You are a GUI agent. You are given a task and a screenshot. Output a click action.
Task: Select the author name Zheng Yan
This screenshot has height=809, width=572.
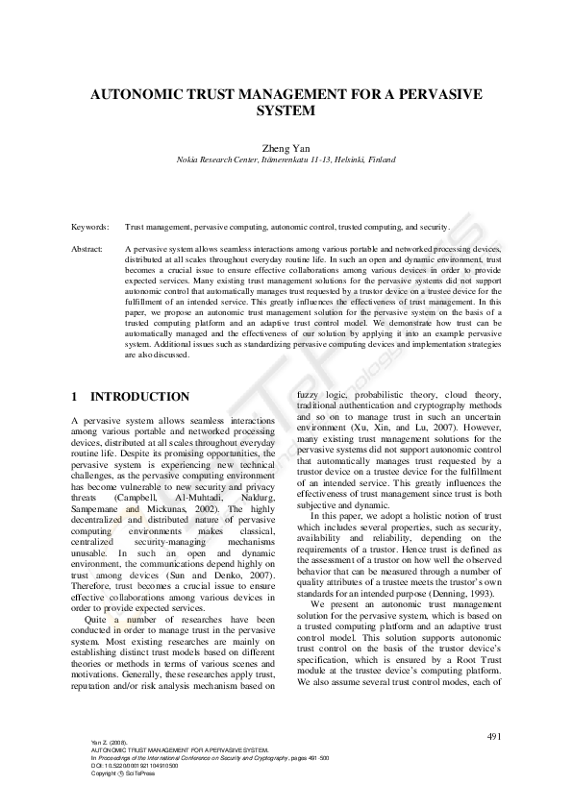(286, 147)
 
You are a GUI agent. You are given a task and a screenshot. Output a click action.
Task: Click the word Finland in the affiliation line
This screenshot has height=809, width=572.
(380, 159)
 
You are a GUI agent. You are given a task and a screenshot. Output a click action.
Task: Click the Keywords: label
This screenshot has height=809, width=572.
(90, 228)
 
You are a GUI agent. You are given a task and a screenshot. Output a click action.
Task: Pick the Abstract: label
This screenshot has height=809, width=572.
(88, 249)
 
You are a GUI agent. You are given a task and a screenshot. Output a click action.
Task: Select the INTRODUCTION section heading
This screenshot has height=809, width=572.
(139, 397)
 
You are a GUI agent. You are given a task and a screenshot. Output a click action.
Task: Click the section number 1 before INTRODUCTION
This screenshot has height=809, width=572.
(75, 397)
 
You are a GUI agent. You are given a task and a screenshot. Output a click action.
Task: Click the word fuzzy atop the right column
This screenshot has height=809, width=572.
(309, 395)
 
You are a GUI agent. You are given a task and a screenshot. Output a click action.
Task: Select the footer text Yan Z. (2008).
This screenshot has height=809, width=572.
(109, 743)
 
